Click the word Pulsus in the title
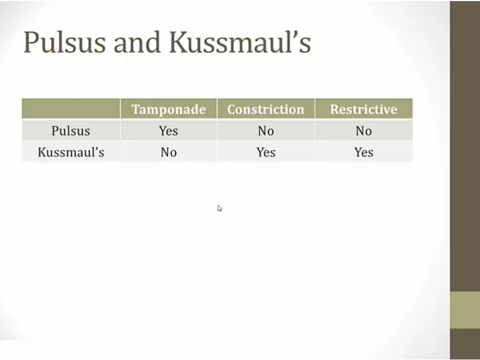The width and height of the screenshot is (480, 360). click(65, 42)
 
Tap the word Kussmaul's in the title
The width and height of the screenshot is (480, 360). click(241, 42)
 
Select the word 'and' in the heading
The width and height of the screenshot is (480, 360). click(137, 42)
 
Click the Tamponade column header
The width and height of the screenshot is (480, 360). click(169, 109)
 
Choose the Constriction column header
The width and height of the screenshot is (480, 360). click(266, 109)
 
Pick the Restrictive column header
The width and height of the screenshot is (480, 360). click(364, 109)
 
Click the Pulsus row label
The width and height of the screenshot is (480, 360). click(71, 131)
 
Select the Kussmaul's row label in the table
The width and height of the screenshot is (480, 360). click(71, 152)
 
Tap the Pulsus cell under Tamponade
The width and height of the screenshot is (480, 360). click(169, 131)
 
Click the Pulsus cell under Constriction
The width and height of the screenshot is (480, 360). click(266, 131)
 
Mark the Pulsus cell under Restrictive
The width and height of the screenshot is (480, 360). click(364, 131)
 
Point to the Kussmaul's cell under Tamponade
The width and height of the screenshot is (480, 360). click(169, 152)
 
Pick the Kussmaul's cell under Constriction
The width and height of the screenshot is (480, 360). click(266, 152)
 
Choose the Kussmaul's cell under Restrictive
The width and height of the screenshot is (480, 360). click(364, 152)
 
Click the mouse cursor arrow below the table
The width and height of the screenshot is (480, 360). click(220, 209)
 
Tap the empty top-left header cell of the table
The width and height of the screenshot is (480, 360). click(71, 108)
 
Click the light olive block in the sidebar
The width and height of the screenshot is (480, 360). click(465, 310)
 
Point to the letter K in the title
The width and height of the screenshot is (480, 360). click(179, 42)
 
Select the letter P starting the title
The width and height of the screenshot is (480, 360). click(31, 42)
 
